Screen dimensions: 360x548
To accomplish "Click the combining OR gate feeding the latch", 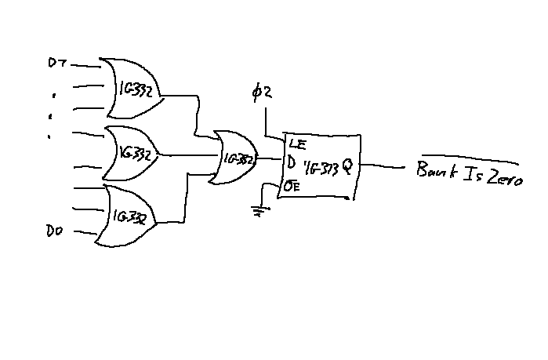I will pyautogui.click(x=234, y=157).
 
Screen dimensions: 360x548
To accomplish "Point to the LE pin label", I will pyautogui.click(x=297, y=144).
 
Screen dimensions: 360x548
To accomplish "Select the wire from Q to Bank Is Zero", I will pyautogui.click(x=383, y=165).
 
